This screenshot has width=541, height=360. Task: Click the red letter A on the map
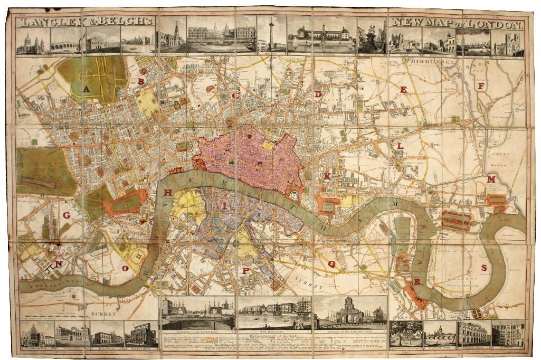(87, 89)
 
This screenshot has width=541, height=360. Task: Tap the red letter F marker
(480, 86)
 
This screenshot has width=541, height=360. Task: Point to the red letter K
(327, 176)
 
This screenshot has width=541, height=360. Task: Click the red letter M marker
(491, 179)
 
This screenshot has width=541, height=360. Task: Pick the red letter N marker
(59, 264)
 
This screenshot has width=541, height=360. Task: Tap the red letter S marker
(483, 268)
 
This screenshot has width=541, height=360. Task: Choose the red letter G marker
(67, 215)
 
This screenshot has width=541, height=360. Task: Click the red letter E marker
(403, 90)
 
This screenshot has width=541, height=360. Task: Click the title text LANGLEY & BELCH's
(85, 22)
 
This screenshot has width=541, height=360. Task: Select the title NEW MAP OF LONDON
(457, 24)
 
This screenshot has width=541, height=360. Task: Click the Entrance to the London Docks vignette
(197, 312)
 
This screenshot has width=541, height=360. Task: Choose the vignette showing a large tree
(405, 334)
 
